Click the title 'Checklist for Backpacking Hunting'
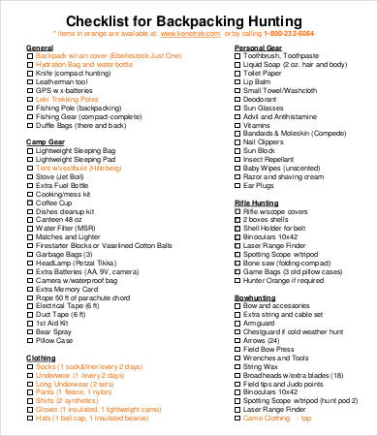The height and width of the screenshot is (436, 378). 189,22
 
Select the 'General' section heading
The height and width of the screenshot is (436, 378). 39,47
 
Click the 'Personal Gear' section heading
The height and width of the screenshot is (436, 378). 259,47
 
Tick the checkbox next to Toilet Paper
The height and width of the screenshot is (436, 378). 237,74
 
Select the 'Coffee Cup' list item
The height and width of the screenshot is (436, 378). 60,176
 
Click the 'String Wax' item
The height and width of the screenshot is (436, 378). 266,340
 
